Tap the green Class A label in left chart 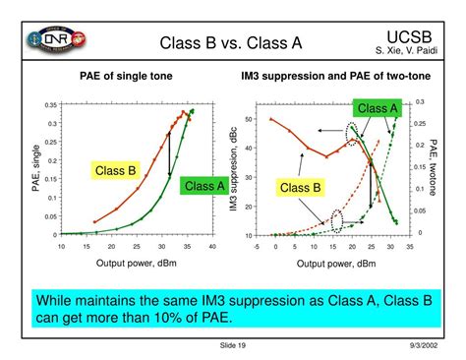(205, 185)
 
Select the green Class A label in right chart (378, 108)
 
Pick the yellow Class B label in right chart (301, 187)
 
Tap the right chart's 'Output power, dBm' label (337, 264)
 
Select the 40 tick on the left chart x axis (211, 247)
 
